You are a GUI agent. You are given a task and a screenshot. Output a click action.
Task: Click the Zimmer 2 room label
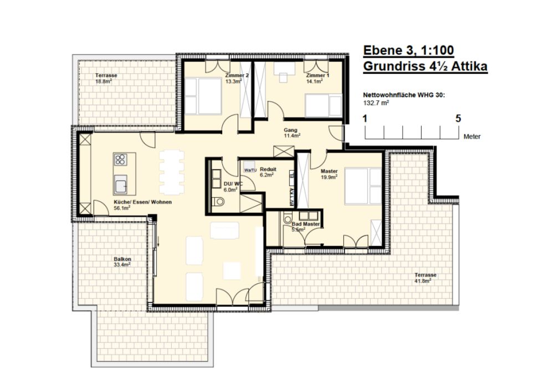[237, 75]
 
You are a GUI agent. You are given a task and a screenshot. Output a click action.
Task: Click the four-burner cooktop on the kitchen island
[120, 160]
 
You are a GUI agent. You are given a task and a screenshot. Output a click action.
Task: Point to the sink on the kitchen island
[120, 183]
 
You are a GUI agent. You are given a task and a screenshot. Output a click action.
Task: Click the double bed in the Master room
[361, 186]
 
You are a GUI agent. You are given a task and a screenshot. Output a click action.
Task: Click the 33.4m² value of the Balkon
[122, 265]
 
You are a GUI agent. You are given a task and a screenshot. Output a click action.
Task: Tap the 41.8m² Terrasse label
[423, 280]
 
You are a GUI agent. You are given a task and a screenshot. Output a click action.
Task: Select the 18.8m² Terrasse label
[103, 81]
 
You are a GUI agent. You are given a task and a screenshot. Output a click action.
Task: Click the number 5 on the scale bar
[458, 119]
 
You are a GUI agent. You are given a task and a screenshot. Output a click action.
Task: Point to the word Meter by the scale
[473, 137]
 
